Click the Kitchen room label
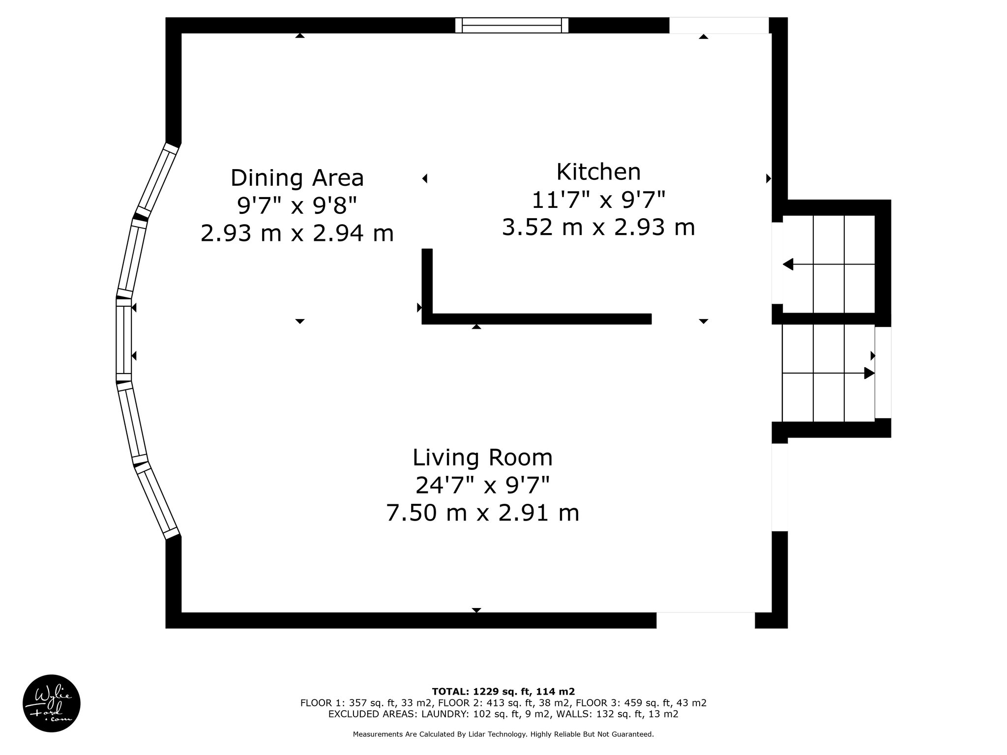click(598, 172)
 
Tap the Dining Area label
click(297, 178)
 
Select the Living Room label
click(482, 458)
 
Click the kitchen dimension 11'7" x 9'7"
click(598, 200)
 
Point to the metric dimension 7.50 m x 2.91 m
click(482, 513)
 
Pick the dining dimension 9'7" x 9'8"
click(297, 206)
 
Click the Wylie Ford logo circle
click(52, 703)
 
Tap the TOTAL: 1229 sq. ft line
click(503, 691)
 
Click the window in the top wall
click(511, 25)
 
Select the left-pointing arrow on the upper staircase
click(829, 264)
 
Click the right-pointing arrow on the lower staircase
click(829, 373)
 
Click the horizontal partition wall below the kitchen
click(537, 319)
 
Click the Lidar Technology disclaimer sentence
click(503, 734)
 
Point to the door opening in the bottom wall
click(706, 620)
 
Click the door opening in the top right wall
click(719, 25)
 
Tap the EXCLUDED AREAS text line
click(503, 714)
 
